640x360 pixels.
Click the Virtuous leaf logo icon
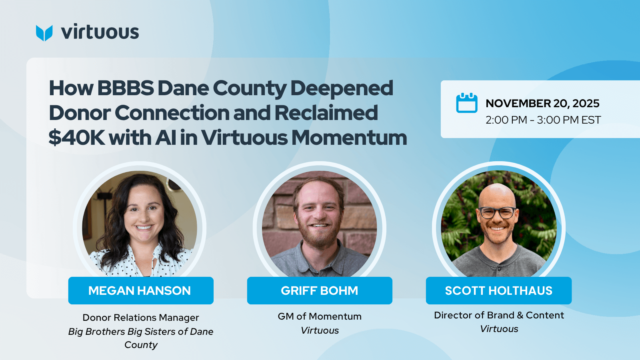click(44, 33)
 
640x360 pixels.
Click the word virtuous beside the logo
click(100, 32)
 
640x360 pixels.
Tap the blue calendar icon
click(466, 103)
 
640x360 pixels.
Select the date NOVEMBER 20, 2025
click(542, 104)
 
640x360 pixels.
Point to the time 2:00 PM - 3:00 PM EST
click(543, 120)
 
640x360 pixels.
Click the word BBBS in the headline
click(126, 88)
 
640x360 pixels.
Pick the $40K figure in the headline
click(76, 138)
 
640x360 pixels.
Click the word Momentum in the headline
click(349, 138)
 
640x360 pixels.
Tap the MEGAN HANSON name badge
click(141, 290)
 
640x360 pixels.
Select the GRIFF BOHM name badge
click(320, 290)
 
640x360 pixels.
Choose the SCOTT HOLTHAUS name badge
click(499, 290)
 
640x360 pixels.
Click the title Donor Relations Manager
click(141, 318)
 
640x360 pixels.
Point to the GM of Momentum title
click(320, 316)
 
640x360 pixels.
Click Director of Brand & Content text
click(499, 315)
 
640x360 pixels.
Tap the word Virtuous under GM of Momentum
click(320, 330)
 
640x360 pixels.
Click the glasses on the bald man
click(497, 213)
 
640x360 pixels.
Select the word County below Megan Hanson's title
click(141, 345)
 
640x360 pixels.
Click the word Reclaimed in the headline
click(326, 112)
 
